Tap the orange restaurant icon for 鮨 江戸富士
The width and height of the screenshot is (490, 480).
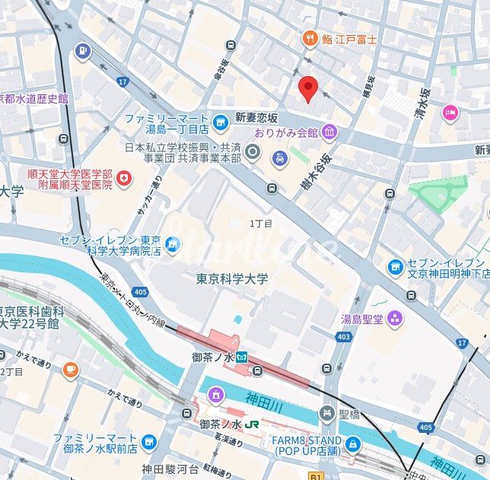click(x=309, y=38)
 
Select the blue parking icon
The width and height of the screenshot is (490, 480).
click(x=83, y=51)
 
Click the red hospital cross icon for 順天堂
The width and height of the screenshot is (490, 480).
click(x=123, y=179)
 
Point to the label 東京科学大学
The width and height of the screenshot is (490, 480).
click(x=231, y=279)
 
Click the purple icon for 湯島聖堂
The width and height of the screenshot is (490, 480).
click(x=394, y=317)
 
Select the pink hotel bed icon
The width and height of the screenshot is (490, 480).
click(x=450, y=113)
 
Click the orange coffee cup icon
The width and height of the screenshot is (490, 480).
click(x=71, y=370)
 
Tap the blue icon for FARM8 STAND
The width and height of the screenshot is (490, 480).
click(x=352, y=444)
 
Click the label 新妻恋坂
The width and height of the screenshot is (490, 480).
click(x=256, y=118)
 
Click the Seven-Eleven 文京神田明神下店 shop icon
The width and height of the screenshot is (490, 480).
click(x=395, y=268)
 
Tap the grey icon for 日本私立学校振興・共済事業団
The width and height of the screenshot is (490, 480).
click(x=254, y=154)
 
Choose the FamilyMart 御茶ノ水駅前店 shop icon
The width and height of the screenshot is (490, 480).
click(x=149, y=442)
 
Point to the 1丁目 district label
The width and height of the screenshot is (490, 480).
click(x=261, y=223)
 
